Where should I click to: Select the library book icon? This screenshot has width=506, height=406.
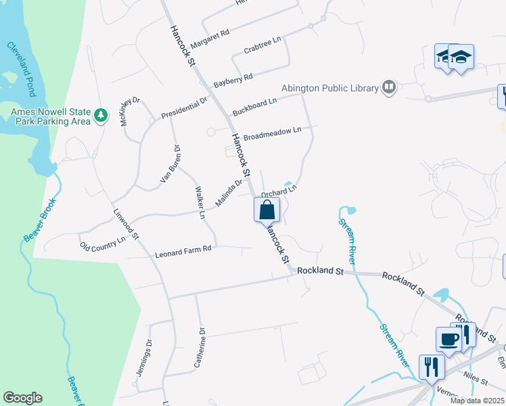tap(389, 87)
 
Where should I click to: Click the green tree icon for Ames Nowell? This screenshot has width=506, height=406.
tap(101, 116)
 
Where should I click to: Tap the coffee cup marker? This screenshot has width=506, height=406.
tap(449, 339)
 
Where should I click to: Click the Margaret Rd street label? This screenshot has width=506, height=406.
tap(210, 39)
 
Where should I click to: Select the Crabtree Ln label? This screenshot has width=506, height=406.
tap(262, 47)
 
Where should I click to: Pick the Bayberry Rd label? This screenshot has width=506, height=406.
tap(233, 78)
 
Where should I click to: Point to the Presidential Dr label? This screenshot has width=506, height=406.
tap(185, 108)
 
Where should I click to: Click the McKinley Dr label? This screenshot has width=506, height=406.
tap(129, 111)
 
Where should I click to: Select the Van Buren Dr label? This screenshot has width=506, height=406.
tap(169, 164)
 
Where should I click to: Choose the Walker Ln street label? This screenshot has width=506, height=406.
tap(200, 202)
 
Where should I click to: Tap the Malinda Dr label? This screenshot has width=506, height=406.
tap(229, 194)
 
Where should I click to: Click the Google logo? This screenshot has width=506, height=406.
tap(22, 398)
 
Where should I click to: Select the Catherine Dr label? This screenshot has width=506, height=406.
tap(199, 348)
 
